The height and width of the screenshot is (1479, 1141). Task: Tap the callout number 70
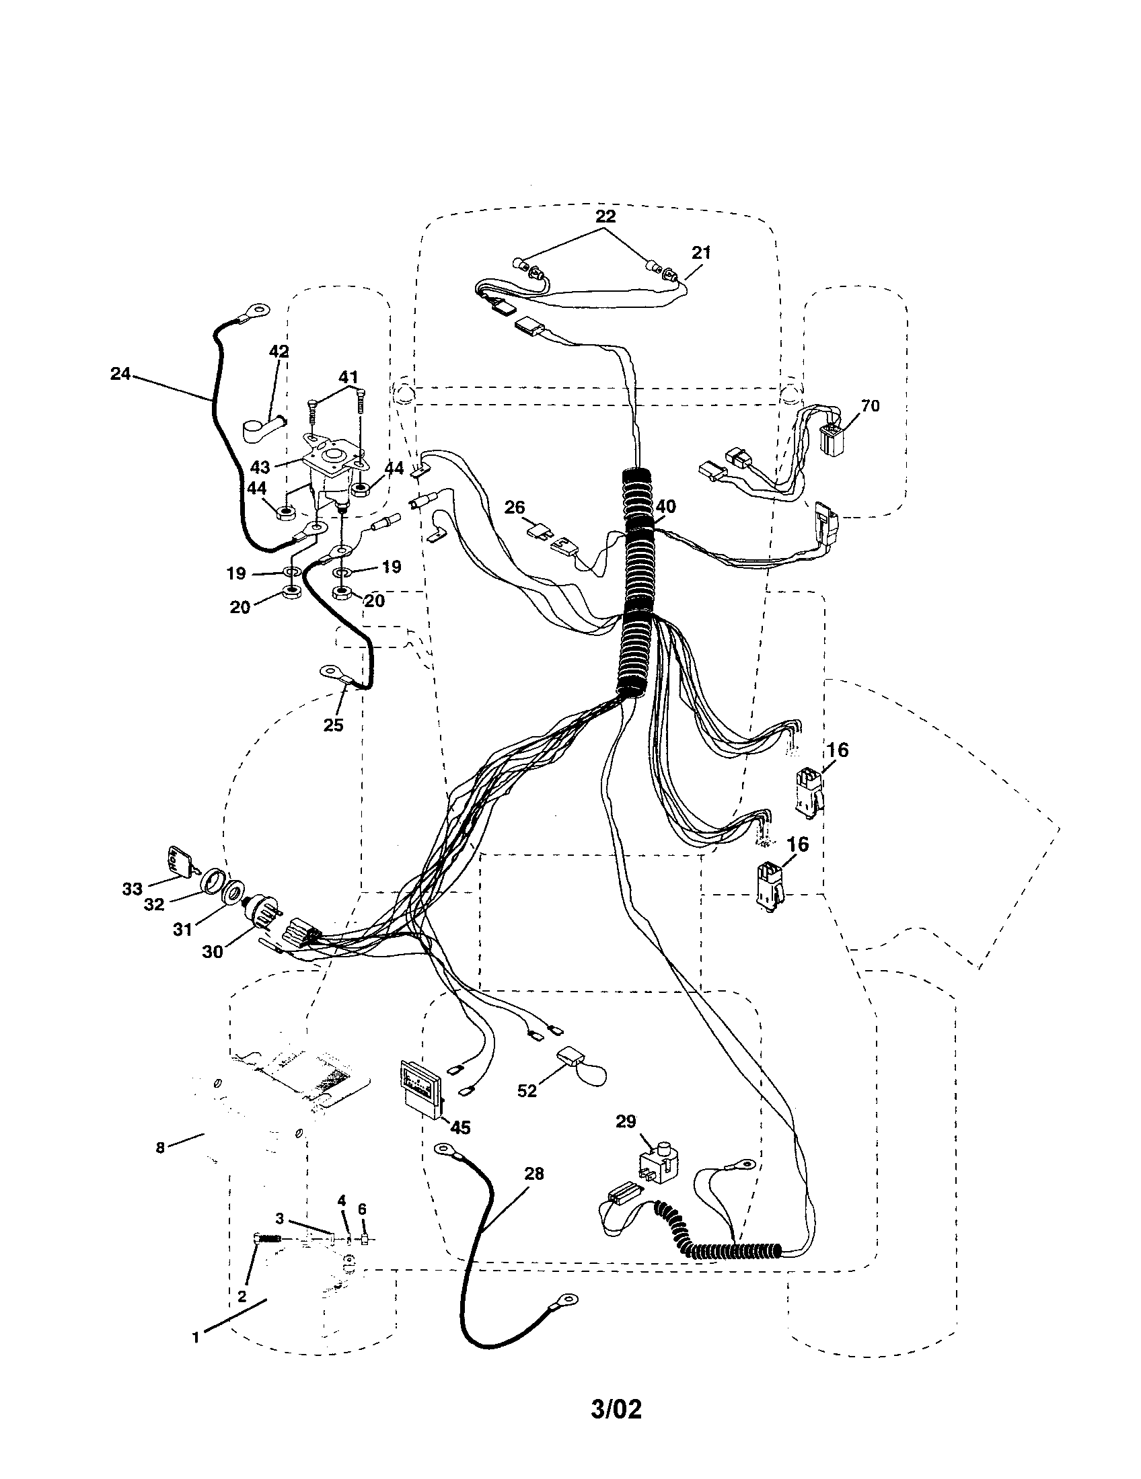pyautogui.click(x=870, y=405)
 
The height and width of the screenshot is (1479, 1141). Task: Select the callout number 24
pyautogui.click(x=120, y=373)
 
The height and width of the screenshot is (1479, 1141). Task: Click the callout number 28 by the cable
pyautogui.click(x=534, y=1174)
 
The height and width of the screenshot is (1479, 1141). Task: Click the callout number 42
pyautogui.click(x=279, y=352)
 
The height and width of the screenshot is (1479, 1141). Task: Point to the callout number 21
pyautogui.click(x=701, y=253)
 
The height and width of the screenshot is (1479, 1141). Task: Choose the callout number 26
pyautogui.click(x=515, y=507)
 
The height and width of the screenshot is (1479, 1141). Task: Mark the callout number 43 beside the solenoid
pyautogui.click(x=260, y=467)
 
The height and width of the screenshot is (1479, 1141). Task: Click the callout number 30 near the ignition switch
pyautogui.click(x=212, y=951)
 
